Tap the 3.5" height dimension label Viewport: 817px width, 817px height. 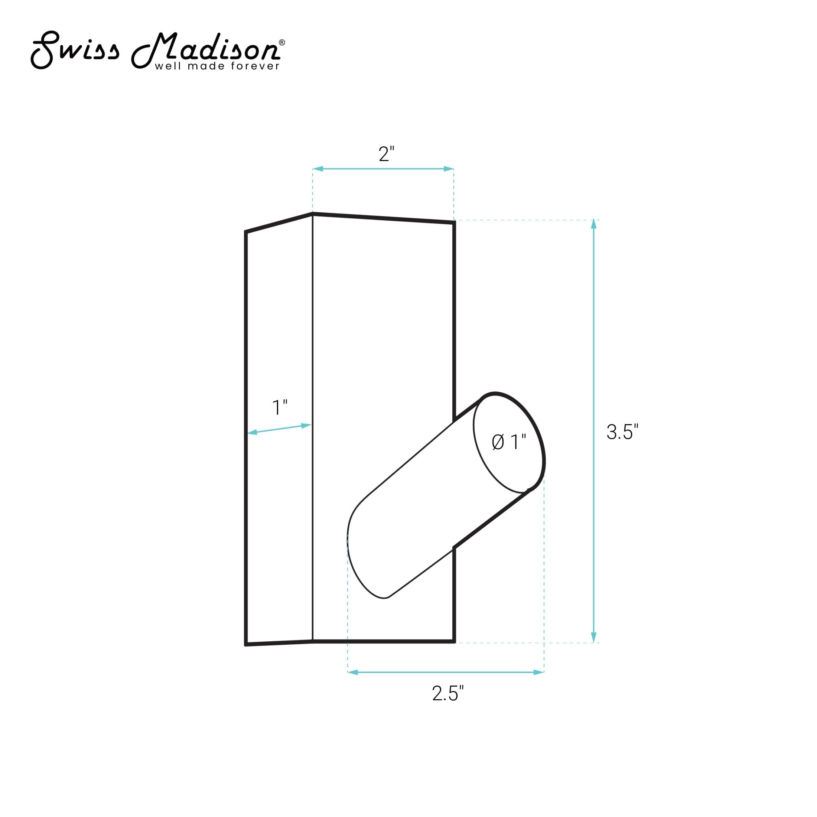622,432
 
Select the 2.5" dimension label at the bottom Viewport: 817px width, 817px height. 448,693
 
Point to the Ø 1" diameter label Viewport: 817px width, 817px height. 509,442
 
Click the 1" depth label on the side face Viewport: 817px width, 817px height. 280,408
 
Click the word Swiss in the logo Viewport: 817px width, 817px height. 75,49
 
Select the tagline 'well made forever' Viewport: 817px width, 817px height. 217,66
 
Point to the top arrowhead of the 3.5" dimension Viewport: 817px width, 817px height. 594,224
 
